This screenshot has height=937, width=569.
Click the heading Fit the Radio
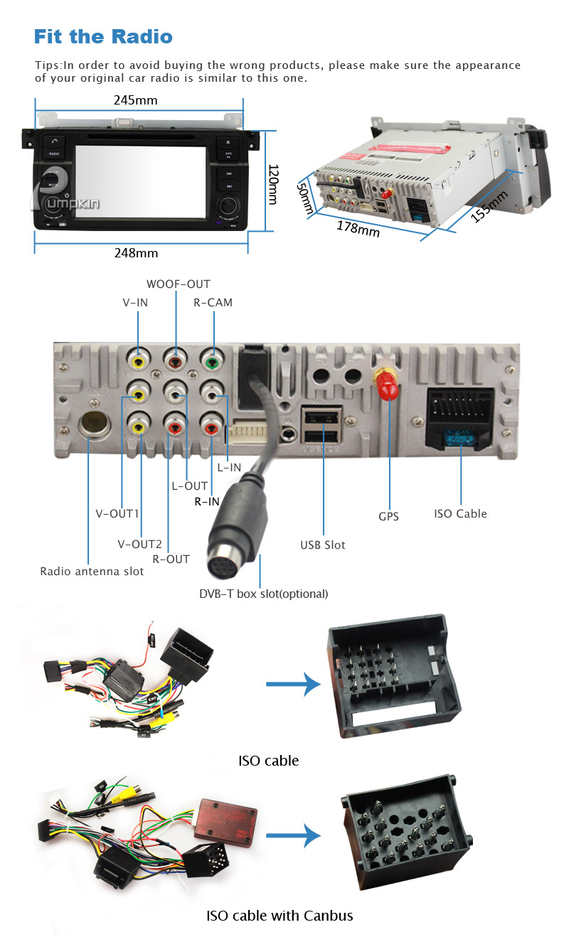103,37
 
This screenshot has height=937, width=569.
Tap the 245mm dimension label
135,100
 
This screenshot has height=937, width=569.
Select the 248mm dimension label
137,253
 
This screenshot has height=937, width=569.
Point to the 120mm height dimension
272,185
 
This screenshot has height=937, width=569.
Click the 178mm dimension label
358,228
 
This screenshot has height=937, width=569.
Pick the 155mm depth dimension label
490,206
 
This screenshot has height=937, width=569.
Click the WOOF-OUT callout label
178,284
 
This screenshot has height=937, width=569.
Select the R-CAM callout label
213,303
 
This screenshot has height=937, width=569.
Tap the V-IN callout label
135,303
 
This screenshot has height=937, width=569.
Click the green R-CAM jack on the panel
211,359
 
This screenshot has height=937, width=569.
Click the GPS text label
388,517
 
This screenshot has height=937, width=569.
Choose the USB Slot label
322,545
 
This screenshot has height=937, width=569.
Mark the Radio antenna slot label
92,572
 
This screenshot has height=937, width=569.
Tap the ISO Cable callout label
460,514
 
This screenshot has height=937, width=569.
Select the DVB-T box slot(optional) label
263,594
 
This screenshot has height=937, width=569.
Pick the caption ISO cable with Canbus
280,916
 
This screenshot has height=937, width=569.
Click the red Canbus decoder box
225,813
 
